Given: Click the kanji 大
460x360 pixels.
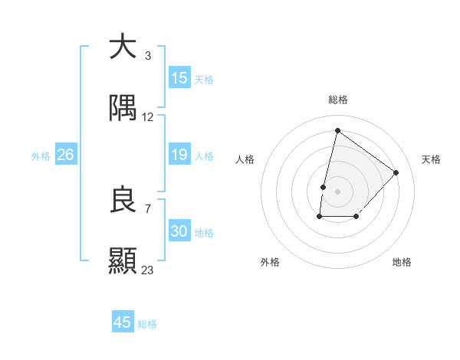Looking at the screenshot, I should coord(123,47).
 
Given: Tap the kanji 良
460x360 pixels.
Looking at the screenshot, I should coord(123,201).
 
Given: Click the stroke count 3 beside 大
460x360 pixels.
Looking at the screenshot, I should coord(147,56).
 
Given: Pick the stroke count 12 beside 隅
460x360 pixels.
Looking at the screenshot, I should coord(148,117).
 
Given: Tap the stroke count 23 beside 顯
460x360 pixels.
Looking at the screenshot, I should coord(148,270).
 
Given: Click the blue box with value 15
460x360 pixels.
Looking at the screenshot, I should coord(179,78).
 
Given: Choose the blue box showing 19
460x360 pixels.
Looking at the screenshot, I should coord(179,155).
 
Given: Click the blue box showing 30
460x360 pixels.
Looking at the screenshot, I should coord(179,231).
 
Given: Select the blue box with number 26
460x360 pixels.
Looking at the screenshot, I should coord(65,155).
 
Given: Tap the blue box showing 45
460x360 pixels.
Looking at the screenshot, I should coord(122,322).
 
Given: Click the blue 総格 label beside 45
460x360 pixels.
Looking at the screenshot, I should coord(147,324).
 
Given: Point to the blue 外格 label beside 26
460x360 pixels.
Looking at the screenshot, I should coord(41,156).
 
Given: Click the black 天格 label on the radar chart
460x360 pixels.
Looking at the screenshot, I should coord(431,159).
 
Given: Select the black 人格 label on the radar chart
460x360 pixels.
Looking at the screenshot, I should coord(245,159).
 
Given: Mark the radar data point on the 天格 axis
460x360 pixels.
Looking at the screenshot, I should coord(396,172).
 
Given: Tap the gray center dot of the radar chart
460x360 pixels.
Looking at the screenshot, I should coord(337,191).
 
